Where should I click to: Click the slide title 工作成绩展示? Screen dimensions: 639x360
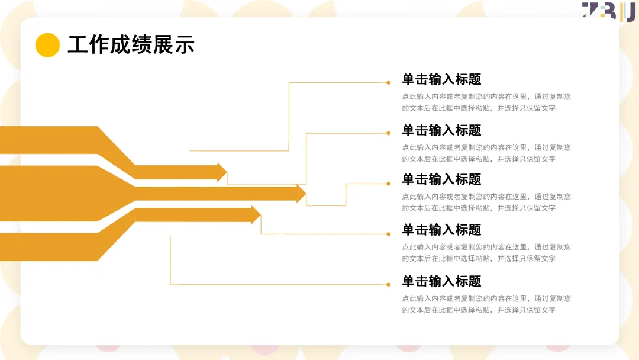pos(131,45)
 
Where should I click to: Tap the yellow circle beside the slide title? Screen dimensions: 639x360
pos(47,45)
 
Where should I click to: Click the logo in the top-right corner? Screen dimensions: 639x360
pos(608,11)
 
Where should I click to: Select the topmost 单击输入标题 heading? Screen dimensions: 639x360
pos(441,79)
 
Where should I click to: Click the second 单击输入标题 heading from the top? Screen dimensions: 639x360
pos(441,130)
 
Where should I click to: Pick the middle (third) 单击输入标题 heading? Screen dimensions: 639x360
pos(441,179)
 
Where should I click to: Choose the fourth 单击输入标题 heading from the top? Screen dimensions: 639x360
pos(441,230)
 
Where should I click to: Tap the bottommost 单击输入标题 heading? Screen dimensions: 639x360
pos(441,281)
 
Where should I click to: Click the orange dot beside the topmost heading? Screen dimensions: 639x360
pos(388,83)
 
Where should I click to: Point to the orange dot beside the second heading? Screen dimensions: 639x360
pos(388,133)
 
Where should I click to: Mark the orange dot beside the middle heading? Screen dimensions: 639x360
pos(388,184)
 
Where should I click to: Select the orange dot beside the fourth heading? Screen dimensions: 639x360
pos(388,234)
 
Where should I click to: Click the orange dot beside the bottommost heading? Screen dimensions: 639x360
pos(388,284)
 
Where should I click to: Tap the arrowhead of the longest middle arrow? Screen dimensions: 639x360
pos(301,194)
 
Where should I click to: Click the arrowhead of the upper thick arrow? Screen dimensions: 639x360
pos(222,172)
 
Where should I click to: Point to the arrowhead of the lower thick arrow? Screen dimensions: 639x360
pos(256,215)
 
